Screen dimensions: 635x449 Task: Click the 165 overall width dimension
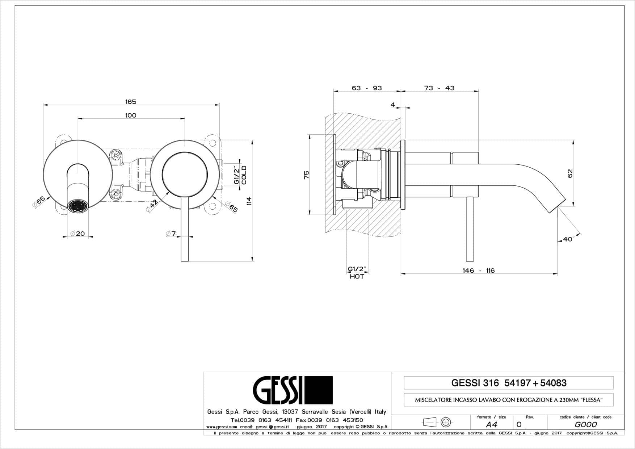point(131,102)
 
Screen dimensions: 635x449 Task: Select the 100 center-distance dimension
point(131,116)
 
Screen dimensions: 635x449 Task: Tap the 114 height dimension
point(249,201)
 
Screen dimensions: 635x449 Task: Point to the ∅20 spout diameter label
point(77,234)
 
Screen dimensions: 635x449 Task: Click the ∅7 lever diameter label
point(171,234)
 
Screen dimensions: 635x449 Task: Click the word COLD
point(244,175)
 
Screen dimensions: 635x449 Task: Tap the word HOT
point(357,276)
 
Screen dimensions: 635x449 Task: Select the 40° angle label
point(568,239)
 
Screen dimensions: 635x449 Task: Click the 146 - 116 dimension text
point(479,270)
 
